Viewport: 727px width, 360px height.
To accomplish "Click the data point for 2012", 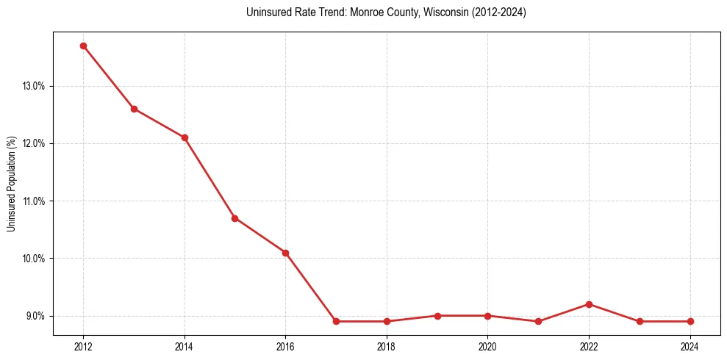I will click(83, 46).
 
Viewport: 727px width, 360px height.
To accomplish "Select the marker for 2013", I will click(134, 109).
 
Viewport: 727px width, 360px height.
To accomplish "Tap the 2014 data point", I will click(185, 137).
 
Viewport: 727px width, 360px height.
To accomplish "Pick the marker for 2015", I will click(234, 218).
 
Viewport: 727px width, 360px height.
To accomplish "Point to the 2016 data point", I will click(285, 253).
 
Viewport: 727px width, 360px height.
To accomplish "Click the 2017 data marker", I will click(336, 321).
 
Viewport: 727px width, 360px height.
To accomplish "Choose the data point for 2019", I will click(437, 316).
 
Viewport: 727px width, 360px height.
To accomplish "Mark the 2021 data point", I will click(538, 321).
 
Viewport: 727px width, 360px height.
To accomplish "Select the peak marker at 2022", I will click(589, 304).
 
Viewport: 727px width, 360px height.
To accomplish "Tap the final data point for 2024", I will click(690, 321).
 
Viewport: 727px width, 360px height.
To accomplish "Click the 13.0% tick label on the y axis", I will click(34, 86).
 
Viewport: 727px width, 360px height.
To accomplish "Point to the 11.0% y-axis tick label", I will click(34, 201).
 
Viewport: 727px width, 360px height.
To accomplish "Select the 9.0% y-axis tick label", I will click(35, 316).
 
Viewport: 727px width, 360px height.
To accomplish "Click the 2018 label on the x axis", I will click(387, 346).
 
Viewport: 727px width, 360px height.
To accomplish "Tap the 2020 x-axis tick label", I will click(488, 346).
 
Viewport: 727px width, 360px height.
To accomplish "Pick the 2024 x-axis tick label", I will click(690, 346).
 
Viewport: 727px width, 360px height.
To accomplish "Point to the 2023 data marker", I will click(640, 321).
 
